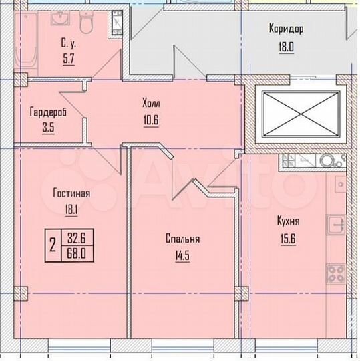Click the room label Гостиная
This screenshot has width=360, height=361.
point(71,193)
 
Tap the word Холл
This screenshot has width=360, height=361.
point(151,104)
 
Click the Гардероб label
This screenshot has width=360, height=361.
point(47,112)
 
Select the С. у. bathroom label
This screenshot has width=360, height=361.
point(69,43)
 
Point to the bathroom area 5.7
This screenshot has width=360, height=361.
point(69,58)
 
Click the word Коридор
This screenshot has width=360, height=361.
point(287,29)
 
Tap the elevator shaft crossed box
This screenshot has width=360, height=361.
point(300,116)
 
